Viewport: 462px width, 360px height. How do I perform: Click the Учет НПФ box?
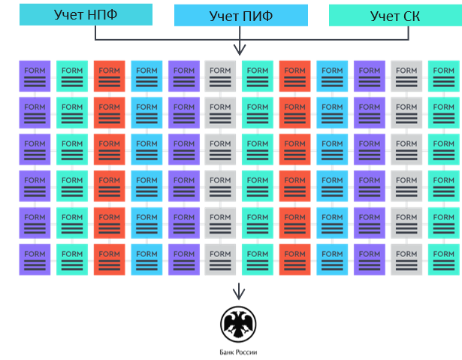point(86,14)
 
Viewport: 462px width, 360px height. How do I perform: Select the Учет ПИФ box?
point(241,15)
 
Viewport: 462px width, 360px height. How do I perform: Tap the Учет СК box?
point(395,15)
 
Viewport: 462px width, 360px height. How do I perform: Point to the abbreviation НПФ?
point(104,14)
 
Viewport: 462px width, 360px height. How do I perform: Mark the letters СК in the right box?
point(408,15)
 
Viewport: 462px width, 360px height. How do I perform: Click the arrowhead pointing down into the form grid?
point(240,50)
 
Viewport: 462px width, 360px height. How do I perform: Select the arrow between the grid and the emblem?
point(240,291)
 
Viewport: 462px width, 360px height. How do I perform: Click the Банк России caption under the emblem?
point(239,352)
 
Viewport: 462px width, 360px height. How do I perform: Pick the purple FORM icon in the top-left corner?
point(35,76)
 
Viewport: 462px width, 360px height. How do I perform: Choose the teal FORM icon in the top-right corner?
point(443,76)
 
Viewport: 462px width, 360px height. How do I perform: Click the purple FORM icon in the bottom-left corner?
point(35,259)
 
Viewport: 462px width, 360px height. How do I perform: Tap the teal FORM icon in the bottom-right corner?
point(443,259)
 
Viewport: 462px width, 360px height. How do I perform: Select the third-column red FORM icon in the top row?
point(109,76)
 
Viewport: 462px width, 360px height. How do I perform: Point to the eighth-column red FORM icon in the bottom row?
point(294,259)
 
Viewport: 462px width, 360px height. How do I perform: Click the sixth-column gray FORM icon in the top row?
point(220,76)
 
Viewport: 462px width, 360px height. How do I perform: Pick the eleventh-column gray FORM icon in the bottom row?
point(406,259)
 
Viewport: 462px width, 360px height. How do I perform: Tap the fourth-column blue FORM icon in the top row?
point(146,76)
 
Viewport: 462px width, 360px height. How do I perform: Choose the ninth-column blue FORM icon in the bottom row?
point(332,259)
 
